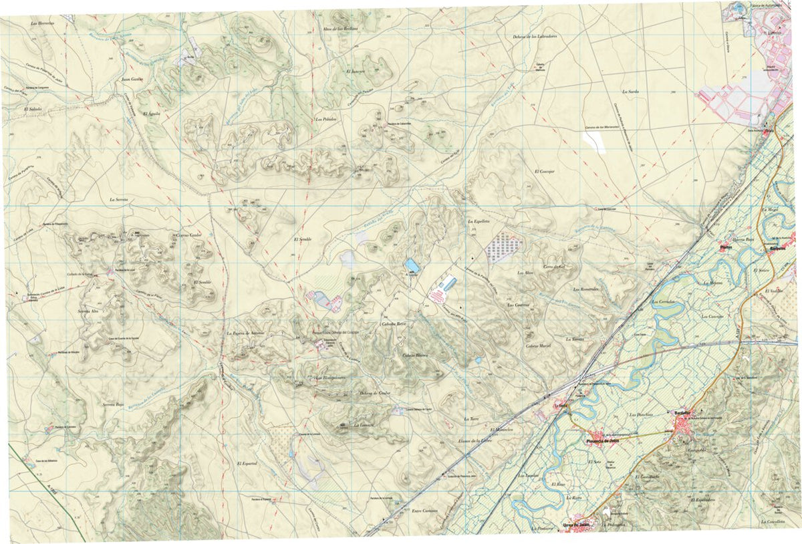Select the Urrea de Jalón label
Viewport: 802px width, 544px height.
point(578,525)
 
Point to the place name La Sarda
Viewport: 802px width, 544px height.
point(631,91)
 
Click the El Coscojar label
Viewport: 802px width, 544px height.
point(545,171)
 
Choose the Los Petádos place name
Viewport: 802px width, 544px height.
point(325,119)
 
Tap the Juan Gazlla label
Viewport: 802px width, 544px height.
point(132,79)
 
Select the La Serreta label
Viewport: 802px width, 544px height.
point(122,200)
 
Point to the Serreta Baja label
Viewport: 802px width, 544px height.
point(114,405)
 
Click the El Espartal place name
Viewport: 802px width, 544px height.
point(247,463)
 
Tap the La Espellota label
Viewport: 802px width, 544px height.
point(479,221)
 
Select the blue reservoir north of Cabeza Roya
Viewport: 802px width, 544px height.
point(412,266)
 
